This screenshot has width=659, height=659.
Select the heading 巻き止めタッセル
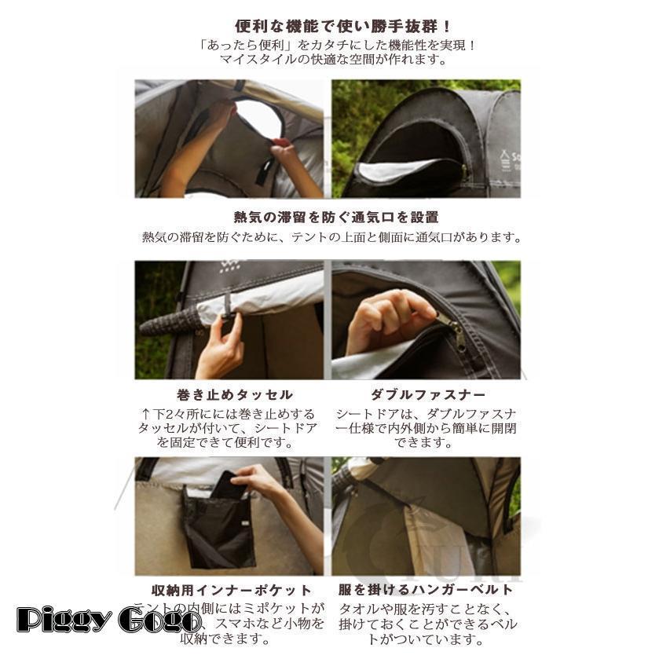(x=234, y=394)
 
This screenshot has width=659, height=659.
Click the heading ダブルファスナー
(x=427, y=394)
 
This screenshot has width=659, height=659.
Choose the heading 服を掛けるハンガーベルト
(x=426, y=589)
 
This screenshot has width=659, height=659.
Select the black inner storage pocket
(x=218, y=526)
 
